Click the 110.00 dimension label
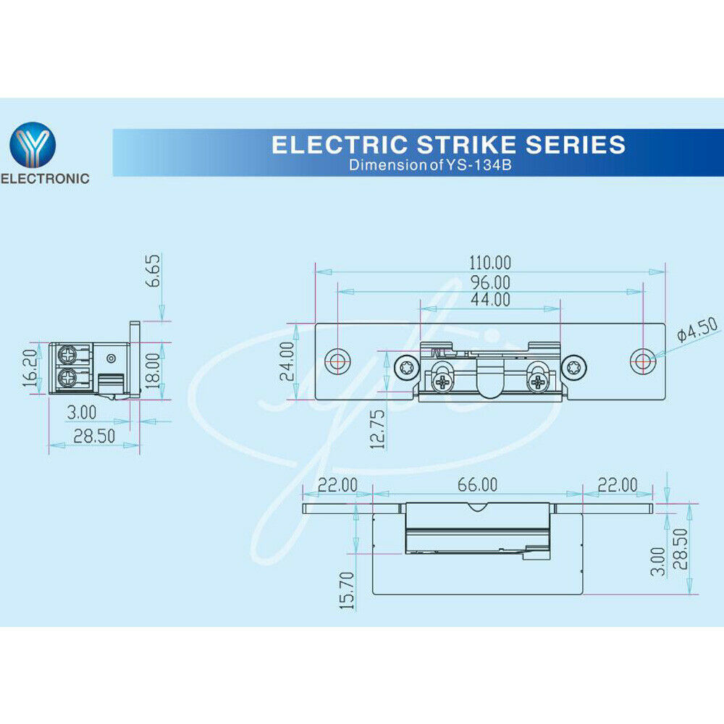pos(490,263)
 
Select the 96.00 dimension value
pos(490,282)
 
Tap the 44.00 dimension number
pos(490,300)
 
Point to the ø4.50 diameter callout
pos(698,328)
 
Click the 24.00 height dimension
pos(287,361)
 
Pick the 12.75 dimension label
pos(377,429)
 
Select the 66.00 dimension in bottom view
pos(477,485)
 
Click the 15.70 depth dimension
pos(348,591)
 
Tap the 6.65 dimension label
pos(153,271)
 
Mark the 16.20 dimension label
pos(30,368)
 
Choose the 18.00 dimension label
pos(153,371)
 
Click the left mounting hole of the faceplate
pos(337,361)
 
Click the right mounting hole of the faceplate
pos(643,361)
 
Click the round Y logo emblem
pos(33,145)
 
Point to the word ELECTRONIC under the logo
pos(45,179)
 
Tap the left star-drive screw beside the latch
pos(407,368)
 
